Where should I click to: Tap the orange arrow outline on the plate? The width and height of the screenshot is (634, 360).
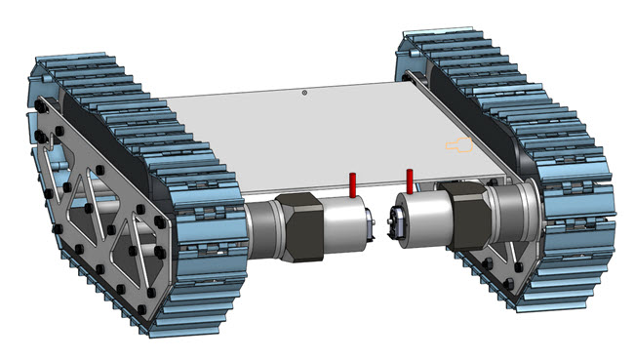click(458, 145)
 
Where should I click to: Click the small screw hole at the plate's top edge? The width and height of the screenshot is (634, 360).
click(304, 93)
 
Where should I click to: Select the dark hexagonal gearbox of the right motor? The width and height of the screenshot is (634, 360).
click(467, 219)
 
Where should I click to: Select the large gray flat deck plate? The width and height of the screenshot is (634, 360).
click(293, 137)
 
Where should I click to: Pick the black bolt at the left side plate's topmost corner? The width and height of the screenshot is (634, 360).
click(40, 102)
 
